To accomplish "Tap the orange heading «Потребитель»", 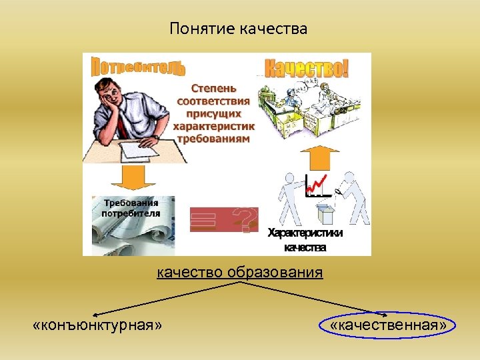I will pos(138,67).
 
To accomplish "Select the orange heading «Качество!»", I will pos(307,69).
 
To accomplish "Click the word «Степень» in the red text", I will pos(213,87).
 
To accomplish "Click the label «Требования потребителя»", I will pos(131,208).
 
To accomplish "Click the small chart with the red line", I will pos(317,186).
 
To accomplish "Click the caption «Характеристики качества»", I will pos(305,241).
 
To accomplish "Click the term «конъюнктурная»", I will pos(97,325).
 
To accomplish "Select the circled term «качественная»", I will pos(388,325).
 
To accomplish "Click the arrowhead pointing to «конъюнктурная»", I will pos(95,313).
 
